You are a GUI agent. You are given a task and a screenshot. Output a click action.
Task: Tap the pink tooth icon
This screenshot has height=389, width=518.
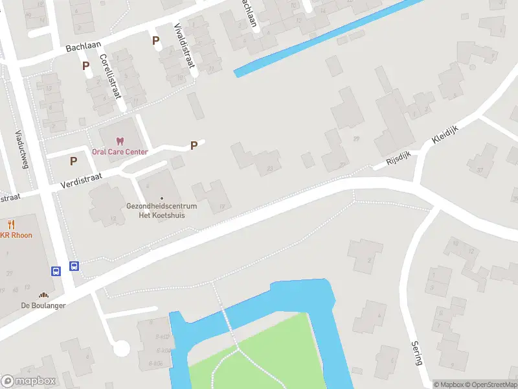click(119, 141)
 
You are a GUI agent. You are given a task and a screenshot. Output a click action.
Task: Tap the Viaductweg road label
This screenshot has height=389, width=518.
click(22, 148)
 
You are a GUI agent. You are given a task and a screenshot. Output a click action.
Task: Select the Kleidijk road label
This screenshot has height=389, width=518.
click(445, 133)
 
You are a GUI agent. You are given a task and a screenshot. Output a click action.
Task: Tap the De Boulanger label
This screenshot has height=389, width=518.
click(43, 305)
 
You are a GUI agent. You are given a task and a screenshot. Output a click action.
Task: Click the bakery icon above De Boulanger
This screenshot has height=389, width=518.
click(44, 294)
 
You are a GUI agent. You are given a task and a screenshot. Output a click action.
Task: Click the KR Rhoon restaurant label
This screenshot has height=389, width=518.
click(16, 235)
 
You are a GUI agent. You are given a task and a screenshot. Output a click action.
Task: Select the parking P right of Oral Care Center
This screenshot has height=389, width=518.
click(194, 146)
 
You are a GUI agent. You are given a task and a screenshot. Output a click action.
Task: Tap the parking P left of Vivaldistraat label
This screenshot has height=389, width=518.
click(155, 41)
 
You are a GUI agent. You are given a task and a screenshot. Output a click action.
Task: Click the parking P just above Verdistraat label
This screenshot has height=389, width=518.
click(74, 161)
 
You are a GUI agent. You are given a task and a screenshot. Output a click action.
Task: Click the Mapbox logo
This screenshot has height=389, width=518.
click(28, 381)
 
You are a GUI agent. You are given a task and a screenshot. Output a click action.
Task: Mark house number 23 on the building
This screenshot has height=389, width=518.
click(269, 170)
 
